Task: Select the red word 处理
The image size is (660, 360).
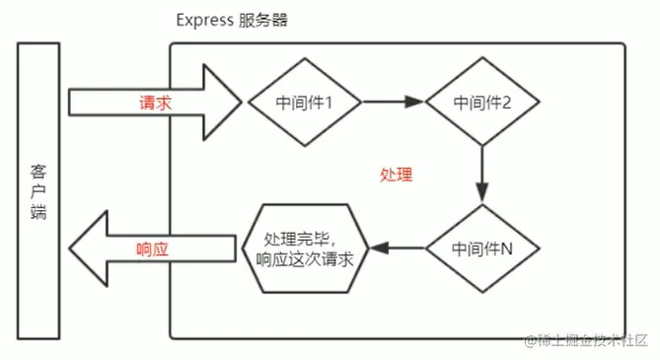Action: (x=395, y=175)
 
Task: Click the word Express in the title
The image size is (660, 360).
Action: (x=203, y=20)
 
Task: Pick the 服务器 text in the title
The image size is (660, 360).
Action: (x=262, y=20)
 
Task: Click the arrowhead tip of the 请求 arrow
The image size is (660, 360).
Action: (x=240, y=102)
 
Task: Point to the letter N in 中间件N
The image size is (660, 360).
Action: (x=506, y=250)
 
